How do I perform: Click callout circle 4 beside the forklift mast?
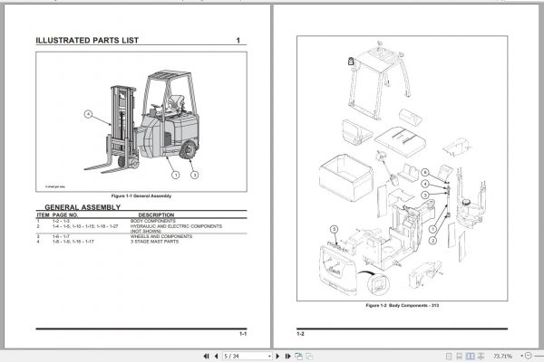pos(88,115)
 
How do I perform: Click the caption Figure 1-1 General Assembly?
pos(141,195)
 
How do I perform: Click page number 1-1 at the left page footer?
pos(242,334)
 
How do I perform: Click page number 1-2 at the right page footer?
pos(300,334)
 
